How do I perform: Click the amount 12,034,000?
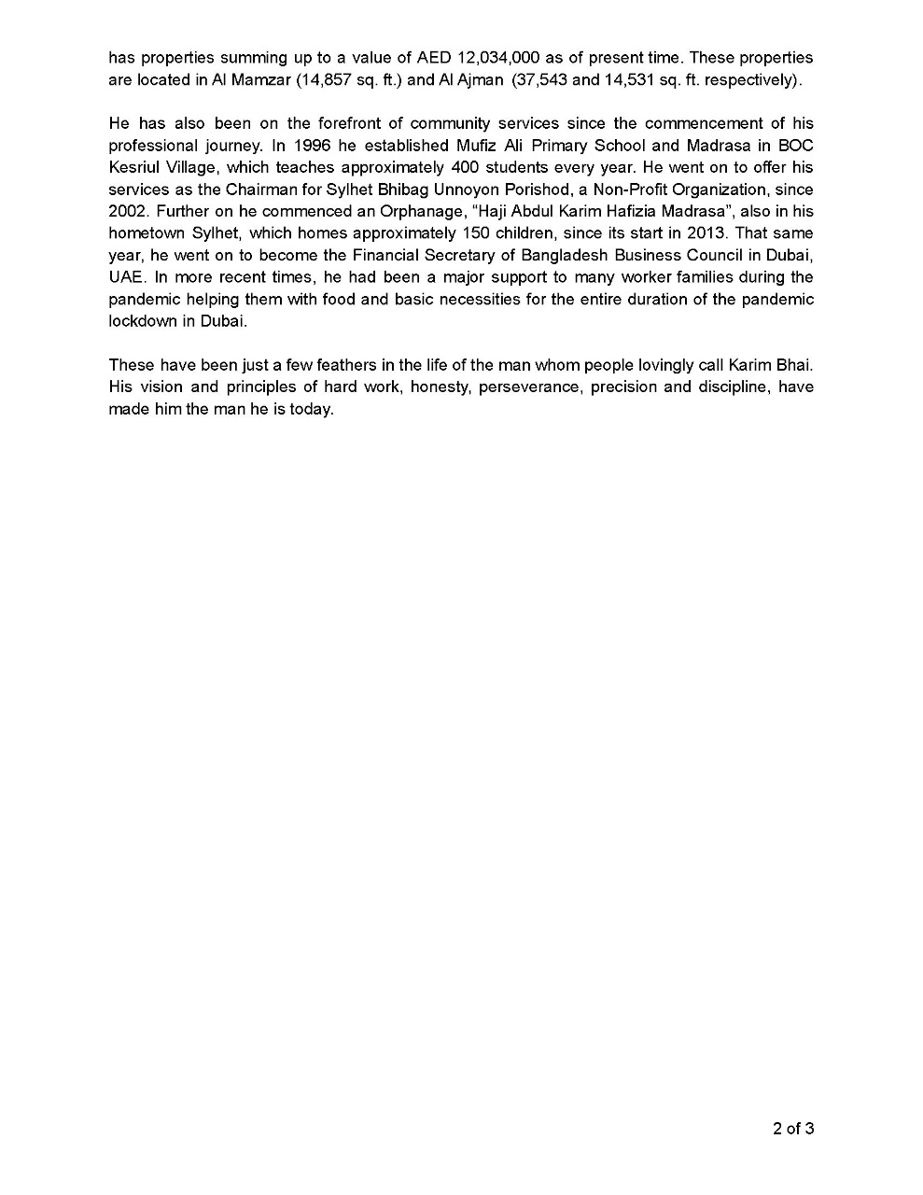[x=499, y=58]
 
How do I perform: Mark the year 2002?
[x=128, y=212]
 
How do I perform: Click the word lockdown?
[x=144, y=320]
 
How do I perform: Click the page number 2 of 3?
[x=793, y=1129]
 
